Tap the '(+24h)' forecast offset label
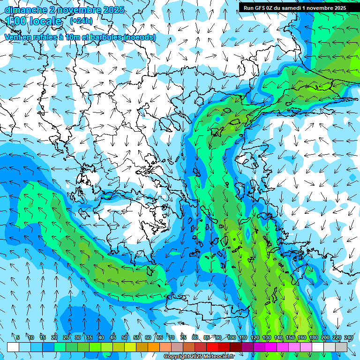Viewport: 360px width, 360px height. (x=81, y=21)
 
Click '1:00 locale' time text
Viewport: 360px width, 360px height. (x=34, y=22)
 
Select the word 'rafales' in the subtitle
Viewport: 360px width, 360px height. (x=39, y=37)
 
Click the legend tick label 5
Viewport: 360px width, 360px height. (x=18, y=337)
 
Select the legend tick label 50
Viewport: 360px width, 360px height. (x=125, y=337)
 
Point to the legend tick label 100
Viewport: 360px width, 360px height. (x=232, y=337)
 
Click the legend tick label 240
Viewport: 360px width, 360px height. (x=348, y=337)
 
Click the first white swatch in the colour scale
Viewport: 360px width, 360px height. (x=13, y=347)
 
